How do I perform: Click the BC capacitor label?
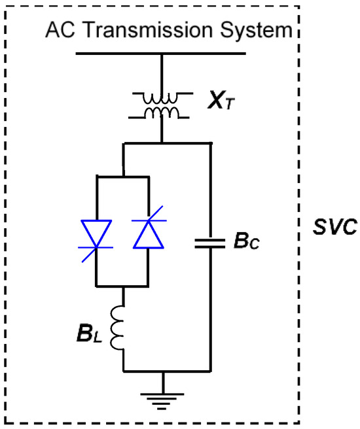coord(247,243)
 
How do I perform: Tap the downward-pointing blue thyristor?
coord(97,234)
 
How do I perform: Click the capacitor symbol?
coord(209,244)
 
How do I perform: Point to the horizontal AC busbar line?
coord(163,53)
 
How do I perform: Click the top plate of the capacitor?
coord(209,240)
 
